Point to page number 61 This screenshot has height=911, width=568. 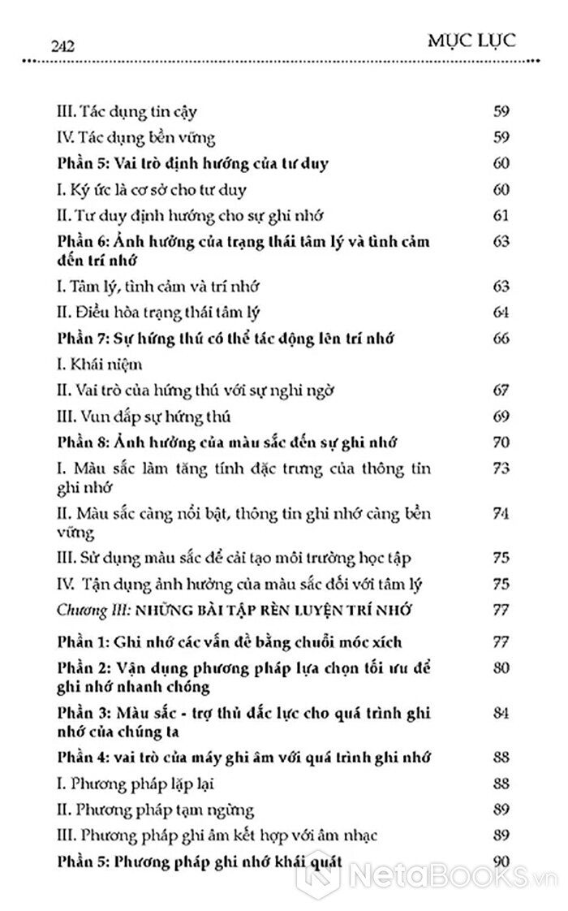501,215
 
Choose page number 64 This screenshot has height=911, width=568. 501,313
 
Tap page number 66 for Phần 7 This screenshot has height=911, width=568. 501,339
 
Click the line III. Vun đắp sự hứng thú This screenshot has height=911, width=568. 145,417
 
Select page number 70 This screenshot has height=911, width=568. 501,443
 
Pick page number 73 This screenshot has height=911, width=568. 501,469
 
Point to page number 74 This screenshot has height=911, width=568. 501,514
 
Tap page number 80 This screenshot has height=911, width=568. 501,668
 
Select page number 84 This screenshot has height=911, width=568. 501,712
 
